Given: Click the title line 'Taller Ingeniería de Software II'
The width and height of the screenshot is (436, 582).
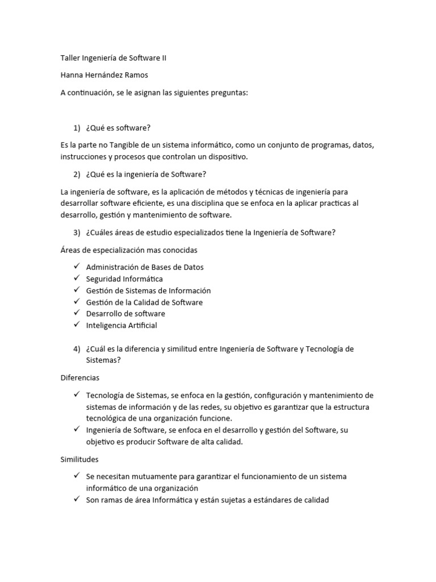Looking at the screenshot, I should pyautogui.click(x=114, y=58).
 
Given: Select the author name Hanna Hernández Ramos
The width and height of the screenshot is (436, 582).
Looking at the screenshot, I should pyautogui.click(x=104, y=76).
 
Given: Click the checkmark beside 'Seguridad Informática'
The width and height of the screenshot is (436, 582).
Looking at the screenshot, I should pyautogui.click(x=77, y=278).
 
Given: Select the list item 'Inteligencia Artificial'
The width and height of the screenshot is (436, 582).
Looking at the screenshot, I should pyautogui.click(x=121, y=326).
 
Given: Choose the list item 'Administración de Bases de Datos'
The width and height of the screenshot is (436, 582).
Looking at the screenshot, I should pyautogui.click(x=145, y=267).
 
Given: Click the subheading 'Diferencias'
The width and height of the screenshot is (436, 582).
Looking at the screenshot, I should pyautogui.click(x=79, y=377).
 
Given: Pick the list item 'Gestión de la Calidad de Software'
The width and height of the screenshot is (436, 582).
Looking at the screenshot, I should pyautogui.click(x=144, y=302).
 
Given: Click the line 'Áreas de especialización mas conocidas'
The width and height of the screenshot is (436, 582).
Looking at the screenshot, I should pyautogui.click(x=129, y=250).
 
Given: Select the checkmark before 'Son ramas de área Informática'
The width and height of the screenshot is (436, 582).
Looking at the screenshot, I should pyautogui.click(x=77, y=500).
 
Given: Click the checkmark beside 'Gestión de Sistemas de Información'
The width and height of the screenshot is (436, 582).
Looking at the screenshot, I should pyautogui.click(x=77, y=290).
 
